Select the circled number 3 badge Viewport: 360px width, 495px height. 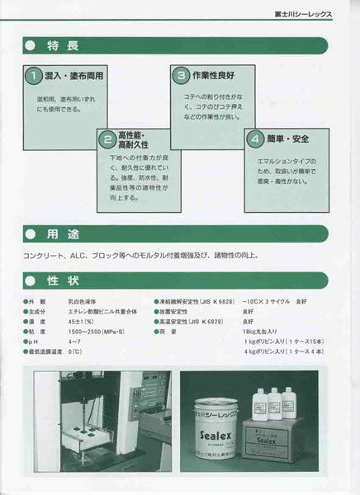(x=182, y=76)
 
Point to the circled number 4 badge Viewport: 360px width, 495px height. (x=256, y=138)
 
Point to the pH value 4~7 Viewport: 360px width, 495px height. (x=74, y=340)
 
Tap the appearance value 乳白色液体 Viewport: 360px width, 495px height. (x=83, y=303)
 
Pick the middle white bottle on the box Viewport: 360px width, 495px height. (x=273, y=402)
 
